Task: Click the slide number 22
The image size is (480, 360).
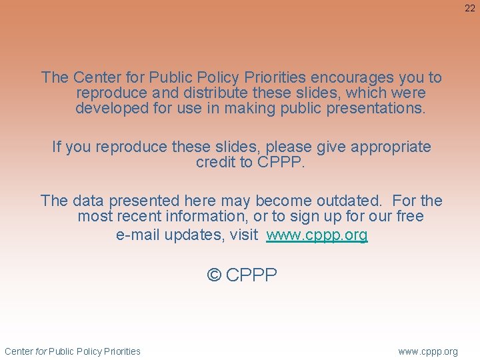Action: pos(470,8)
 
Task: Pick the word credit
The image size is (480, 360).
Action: pos(215,162)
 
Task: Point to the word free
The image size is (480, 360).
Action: pos(408,216)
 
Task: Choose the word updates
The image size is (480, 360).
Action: pos(196,235)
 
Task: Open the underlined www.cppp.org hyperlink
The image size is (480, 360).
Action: pos(317,235)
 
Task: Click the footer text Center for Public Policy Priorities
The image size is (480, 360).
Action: pos(73,351)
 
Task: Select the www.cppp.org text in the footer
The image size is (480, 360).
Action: pos(428,351)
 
